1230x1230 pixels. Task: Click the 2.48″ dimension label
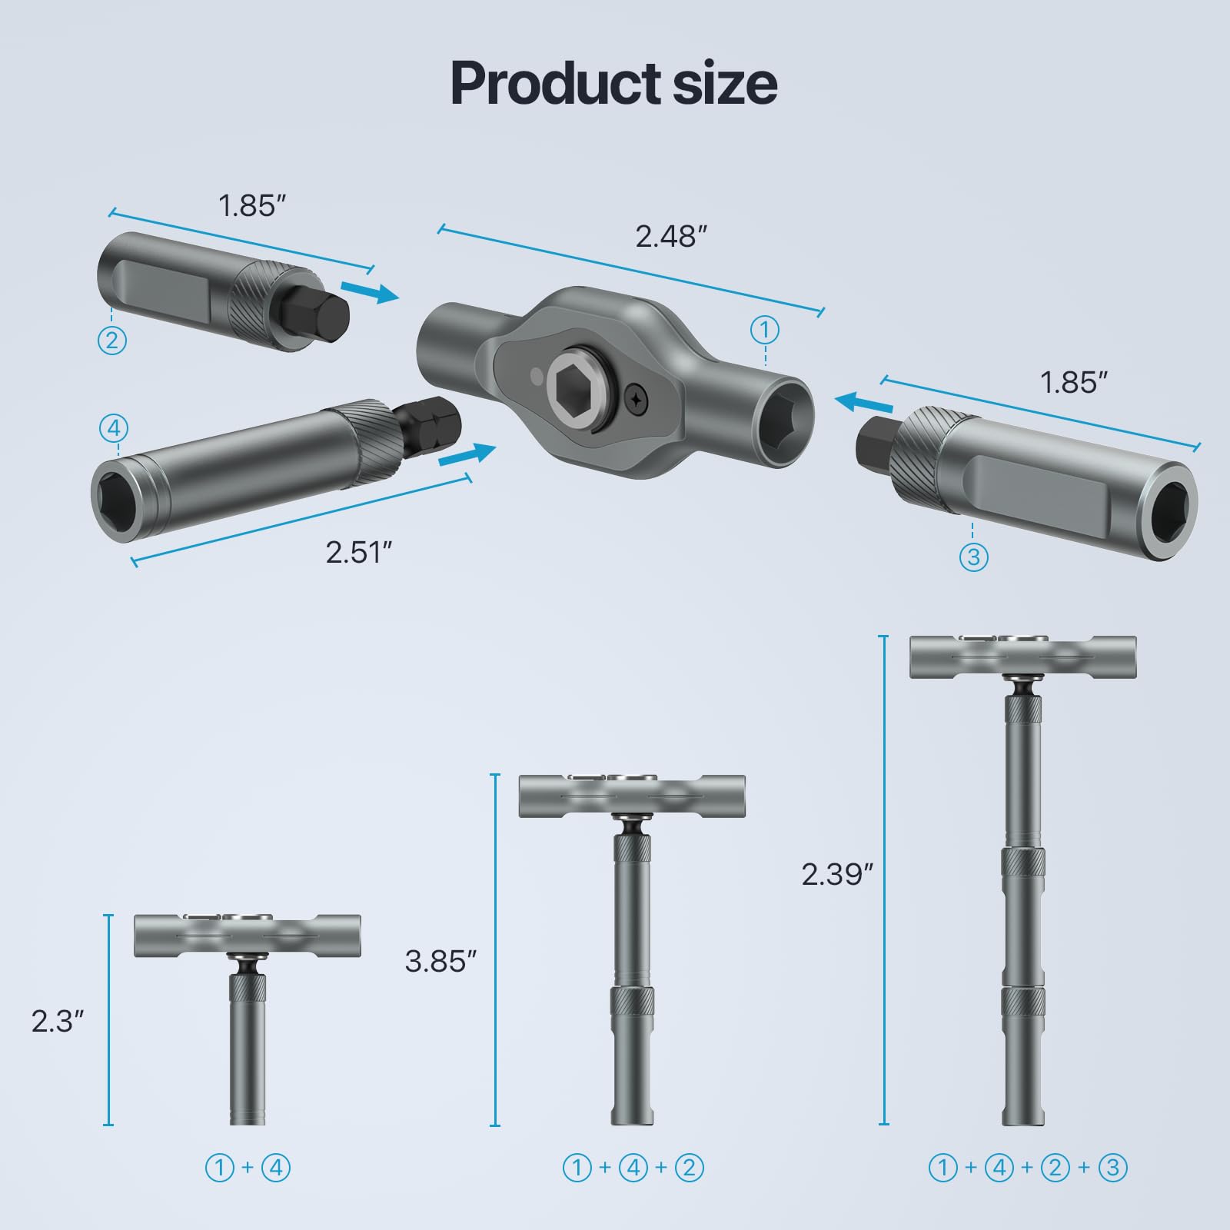point(670,237)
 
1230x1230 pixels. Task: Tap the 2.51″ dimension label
point(359,552)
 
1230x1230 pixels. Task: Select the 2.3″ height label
point(58,1021)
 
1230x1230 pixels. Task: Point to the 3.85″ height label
point(440,961)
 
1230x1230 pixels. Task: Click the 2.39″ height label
point(837,874)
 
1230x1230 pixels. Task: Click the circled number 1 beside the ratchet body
point(764,331)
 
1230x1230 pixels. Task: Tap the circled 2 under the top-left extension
point(112,340)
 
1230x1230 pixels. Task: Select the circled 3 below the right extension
point(973,556)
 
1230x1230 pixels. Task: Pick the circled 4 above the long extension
point(114,428)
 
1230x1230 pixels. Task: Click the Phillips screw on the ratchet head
point(637,399)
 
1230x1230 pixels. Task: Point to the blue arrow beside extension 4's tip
point(467,455)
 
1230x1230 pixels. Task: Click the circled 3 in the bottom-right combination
point(1112,1168)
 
